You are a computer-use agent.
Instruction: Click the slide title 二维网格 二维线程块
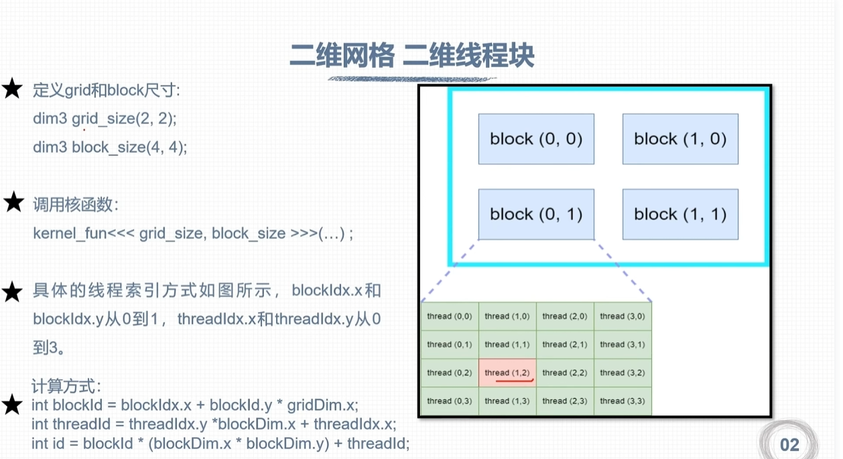point(411,56)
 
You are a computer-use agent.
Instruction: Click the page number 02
point(789,445)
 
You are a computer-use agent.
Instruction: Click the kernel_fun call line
point(193,234)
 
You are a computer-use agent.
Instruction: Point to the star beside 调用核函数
point(13,203)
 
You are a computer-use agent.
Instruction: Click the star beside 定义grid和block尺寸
point(13,89)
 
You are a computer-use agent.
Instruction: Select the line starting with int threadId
point(213,424)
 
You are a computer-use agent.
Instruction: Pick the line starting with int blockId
point(194,405)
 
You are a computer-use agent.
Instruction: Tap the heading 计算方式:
point(66,387)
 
